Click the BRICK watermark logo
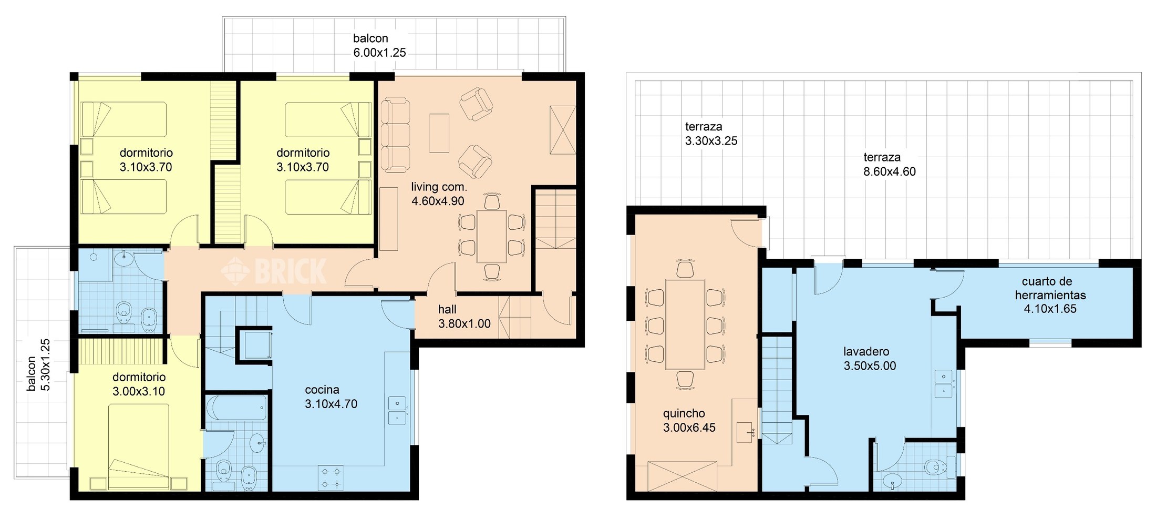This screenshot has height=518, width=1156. pyautogui.click(x=274, y=271)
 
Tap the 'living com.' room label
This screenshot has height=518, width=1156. pyautogui.click(x=439, y=187)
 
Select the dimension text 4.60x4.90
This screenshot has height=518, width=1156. pyautogui.click(x=438, y=201)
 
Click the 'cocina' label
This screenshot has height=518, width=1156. pyautogui.click(x=322, y=390)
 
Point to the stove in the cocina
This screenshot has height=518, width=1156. pyautogui.click(x=331, y=478)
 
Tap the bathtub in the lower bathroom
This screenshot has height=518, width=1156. pyautogui.click(x=236, y=408)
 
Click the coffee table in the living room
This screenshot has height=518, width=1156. pyautogui.click(x=439, y=133)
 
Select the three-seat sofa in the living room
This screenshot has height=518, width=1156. pyautogui.click(x=395, y=135)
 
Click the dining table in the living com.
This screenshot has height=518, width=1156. pyautogui.click(x=492, y=237)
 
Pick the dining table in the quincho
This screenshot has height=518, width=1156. pyautogui.click(x=685, y=324)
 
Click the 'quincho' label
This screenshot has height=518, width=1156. pyautogui.click(x=684, y=413)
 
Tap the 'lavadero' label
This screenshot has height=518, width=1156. pyautogui.click(x=866, y=351)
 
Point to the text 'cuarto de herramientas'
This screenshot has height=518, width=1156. pyautogui.click(x=1050, y=288)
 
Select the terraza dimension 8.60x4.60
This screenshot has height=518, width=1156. pyautogui.click(x=890, y=171)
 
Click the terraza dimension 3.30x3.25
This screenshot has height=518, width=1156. pyautogui.click(x=711, y=141)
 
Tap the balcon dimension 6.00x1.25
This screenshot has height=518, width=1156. pyautogui.click(x=379, y=53)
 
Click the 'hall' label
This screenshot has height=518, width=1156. pyautogui.click(x=447, y=309)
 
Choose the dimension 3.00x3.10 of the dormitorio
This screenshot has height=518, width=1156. pyautogui.click(x=139, y=391)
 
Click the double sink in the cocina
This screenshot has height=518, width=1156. pyautogui.click(x=397, y=410)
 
